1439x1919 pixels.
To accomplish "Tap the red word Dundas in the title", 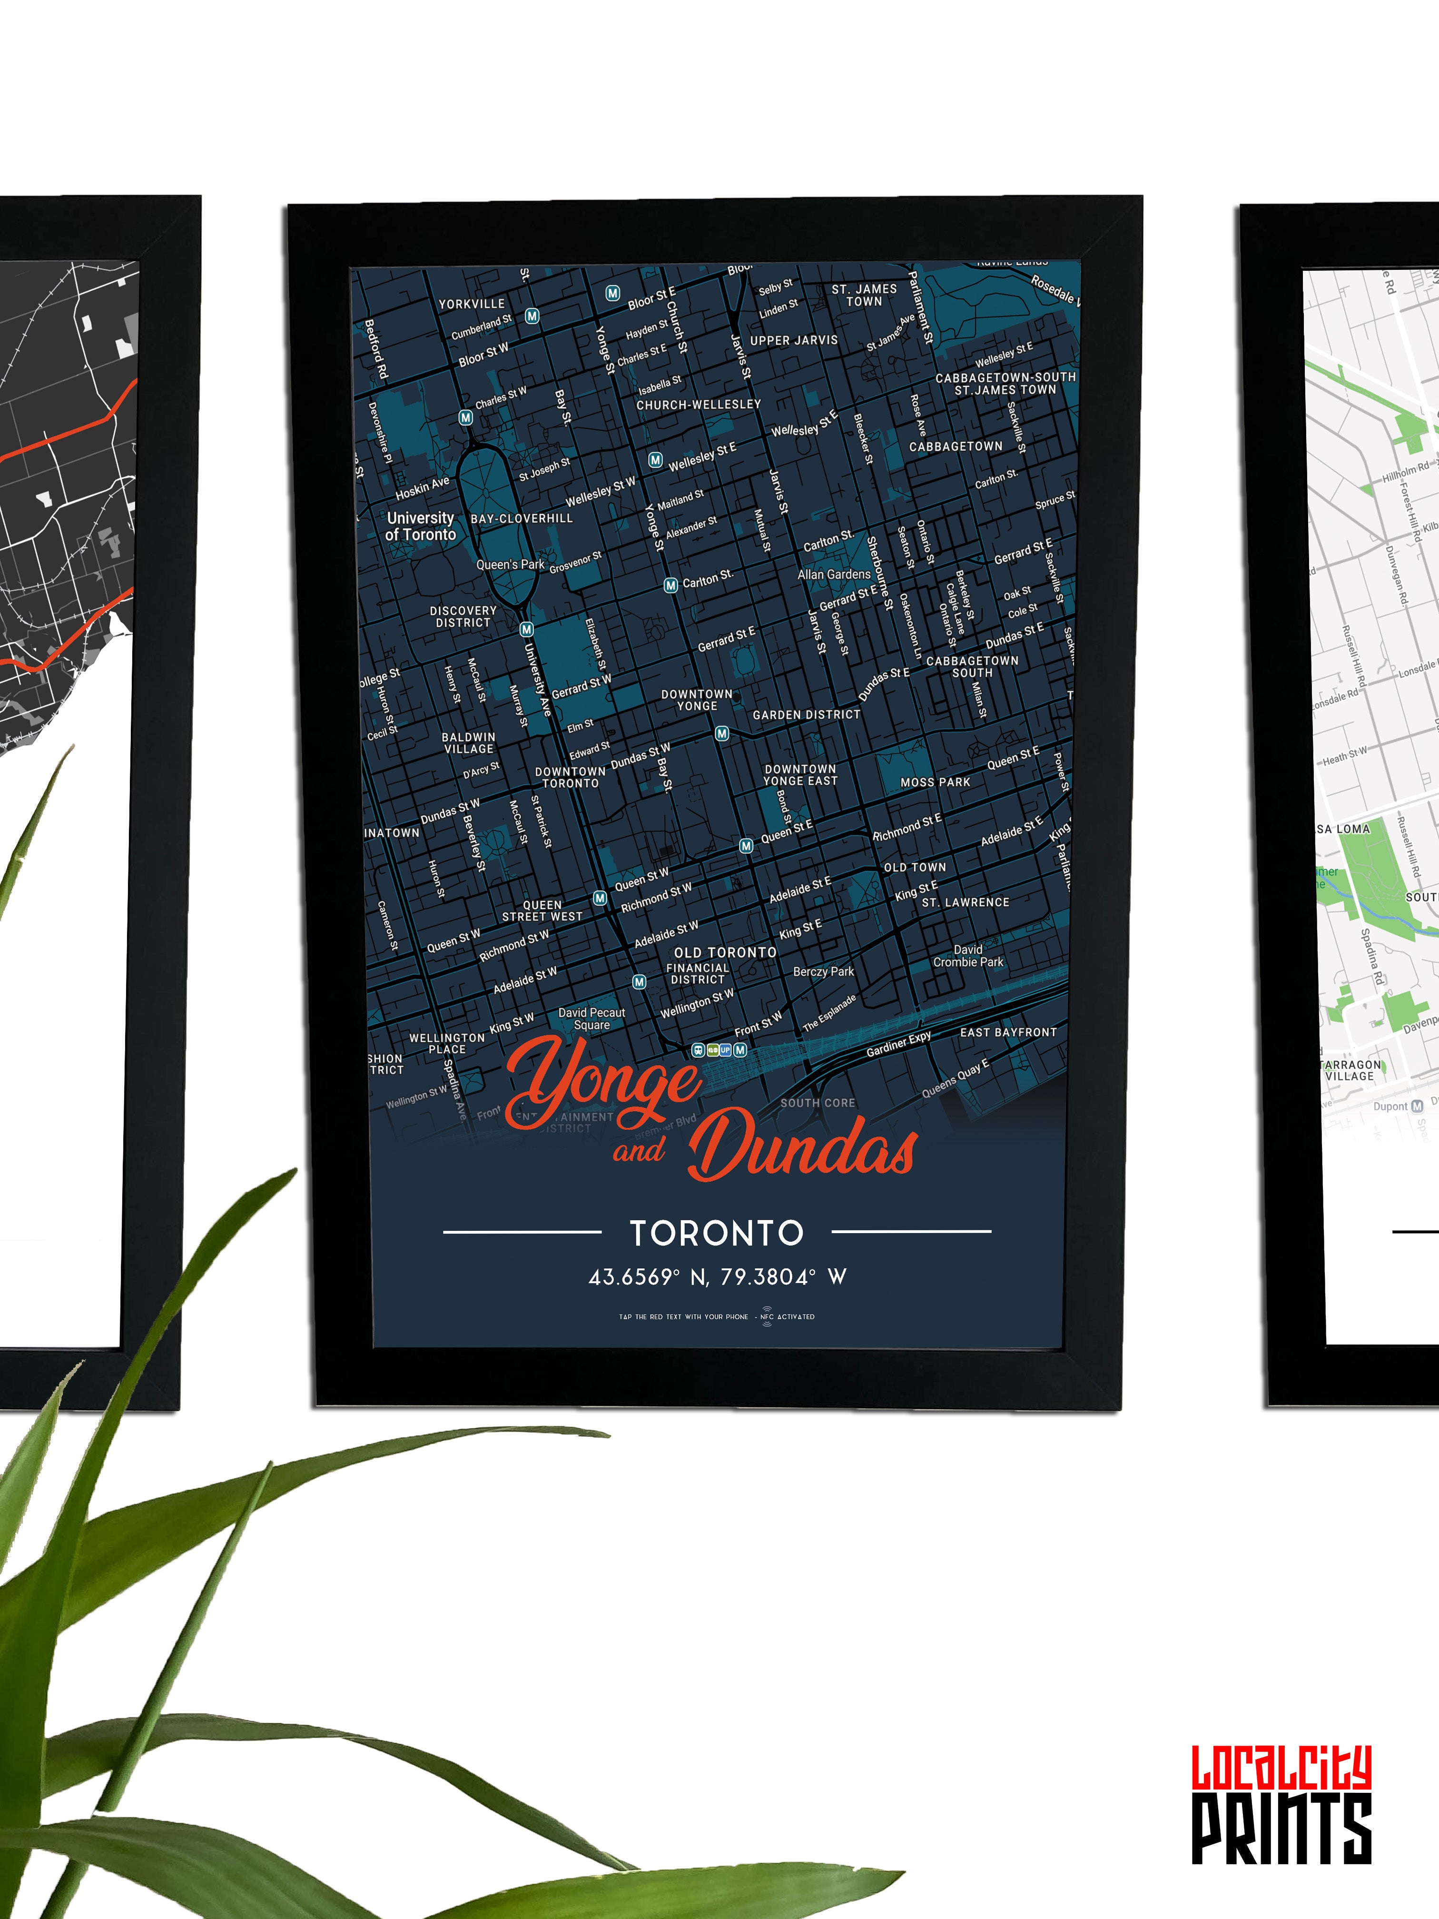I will (802, 1147).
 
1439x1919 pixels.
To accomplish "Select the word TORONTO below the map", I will (717, 1233).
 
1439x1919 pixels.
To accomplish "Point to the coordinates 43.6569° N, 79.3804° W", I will (717, 1277).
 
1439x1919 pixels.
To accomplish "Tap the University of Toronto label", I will (421, 526).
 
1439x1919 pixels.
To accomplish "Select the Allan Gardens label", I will (834, 574).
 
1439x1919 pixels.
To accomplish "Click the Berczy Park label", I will (823, 972).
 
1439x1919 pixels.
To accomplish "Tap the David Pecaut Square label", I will (591, 1019).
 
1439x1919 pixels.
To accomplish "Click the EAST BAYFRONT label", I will (1008, 1032).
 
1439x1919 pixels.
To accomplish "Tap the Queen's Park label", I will (510, 565).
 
